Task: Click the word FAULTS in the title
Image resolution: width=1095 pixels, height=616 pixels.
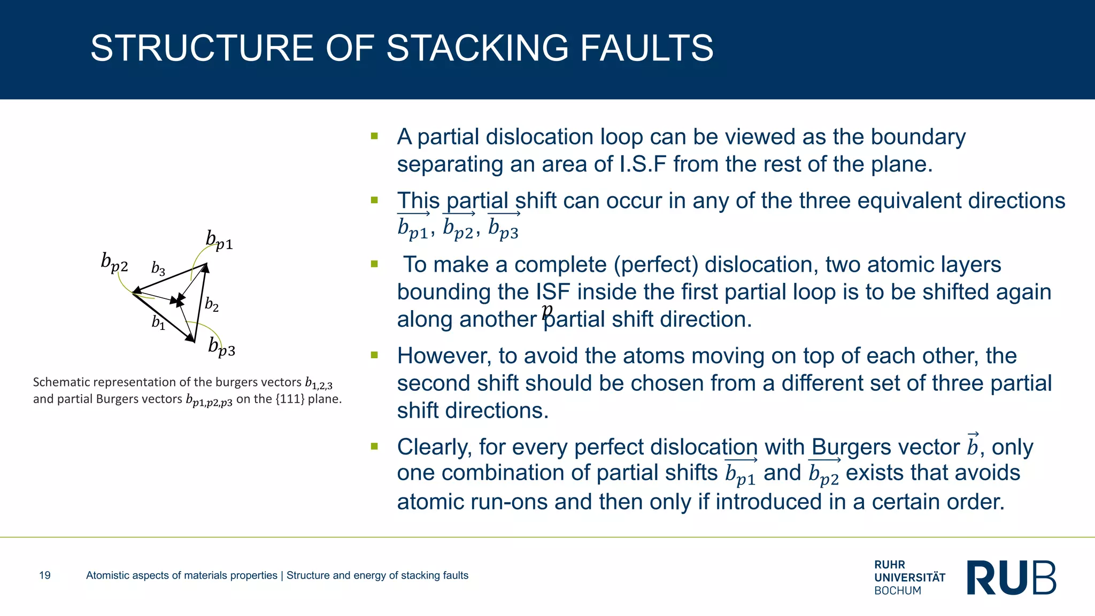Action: pyautogui.click(x=646, y=49)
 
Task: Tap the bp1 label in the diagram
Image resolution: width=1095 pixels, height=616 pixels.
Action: pyautogui.click(x=219, y=241)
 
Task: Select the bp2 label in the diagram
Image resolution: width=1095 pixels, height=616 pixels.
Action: pyautogui.click(x=114, y=263)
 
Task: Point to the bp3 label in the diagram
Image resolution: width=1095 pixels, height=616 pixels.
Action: pyautogui.click(x=221, y=348)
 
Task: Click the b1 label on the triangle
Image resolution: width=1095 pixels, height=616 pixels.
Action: pyautogui.click(x=158, y=322)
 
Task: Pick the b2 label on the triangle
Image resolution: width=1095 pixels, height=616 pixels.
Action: pyautogui.click(x=212, y=305)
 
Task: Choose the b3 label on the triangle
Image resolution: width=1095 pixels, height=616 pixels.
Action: pyautogui.click(x=158, y=268)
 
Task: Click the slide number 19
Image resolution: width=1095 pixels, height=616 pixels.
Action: pyautogui.click(x=45, y=575)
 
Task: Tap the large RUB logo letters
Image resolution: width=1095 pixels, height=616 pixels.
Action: pyautogui.click(x=1012, y=577)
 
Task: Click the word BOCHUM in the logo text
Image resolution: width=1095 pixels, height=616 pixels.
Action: pyautogui.click(x=898, y=591)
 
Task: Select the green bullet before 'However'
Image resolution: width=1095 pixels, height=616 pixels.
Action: pyautogui.click(x=374, y=355)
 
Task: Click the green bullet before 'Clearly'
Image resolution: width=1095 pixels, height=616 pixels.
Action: pyautogui.click(x=374, y=446)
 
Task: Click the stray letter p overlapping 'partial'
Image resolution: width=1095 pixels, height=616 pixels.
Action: pyautogui.click(x=546, y=311)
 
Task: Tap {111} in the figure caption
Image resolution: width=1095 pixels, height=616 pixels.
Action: pyautogui.click(x=289, y=399)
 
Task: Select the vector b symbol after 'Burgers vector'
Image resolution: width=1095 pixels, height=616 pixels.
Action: pyautogui.click(x=973, y=445)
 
